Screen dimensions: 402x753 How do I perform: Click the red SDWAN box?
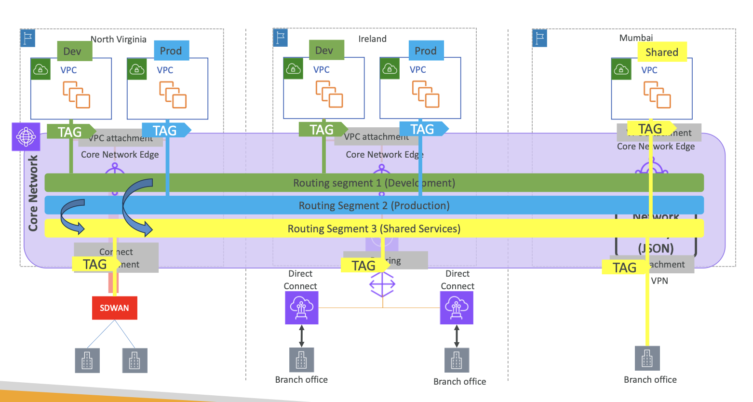click(x=114, y=308)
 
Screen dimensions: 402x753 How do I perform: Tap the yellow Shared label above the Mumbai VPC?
click(x=662, y=52)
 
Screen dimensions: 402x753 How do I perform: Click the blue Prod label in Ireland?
click(x=426, y=51)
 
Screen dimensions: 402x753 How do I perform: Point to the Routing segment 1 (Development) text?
click(x=374, y=183)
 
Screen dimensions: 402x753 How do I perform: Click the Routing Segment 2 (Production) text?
click(x=374, y=206)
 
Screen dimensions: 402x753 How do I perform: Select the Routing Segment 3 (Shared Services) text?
click(x=374, y=228)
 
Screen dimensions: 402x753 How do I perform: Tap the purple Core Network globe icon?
click(x=26, y=137)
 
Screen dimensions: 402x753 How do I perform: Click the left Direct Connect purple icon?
click(x=302, y=308)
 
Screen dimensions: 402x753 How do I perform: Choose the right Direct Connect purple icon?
click(x=457, y=308)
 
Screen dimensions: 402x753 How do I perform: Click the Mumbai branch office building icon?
click(x=647, y=359)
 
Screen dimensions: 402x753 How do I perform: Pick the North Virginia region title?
click(x=119, y=39)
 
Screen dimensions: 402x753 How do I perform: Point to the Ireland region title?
click(x=372, y=39)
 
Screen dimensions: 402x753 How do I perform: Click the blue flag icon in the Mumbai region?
click(x=540, y=38)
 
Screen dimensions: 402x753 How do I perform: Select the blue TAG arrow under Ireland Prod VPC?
click(x=423, y=129)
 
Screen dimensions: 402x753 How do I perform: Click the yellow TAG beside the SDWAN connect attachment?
click(x=95, y=264)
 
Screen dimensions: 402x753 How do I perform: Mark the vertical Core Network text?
click(x=33, y=193)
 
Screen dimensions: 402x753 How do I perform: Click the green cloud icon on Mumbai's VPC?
click(x=621, y=69)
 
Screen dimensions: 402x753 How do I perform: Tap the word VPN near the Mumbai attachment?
click(x=659, y=281)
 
